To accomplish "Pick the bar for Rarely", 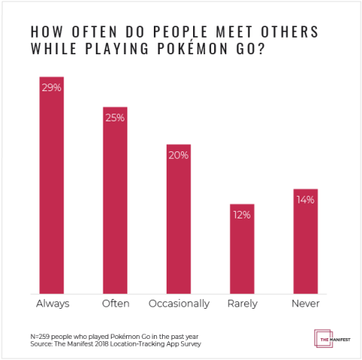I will point(242,249).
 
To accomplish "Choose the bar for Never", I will point(305,241).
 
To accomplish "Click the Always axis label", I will point(52,304).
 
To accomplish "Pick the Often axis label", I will point(115,304).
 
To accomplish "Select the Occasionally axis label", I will point(179,304).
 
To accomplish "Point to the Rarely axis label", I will point(242,304).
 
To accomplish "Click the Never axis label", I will point(305,304).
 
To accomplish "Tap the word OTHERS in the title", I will point(281,32).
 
